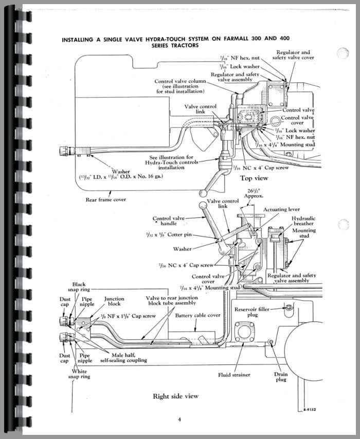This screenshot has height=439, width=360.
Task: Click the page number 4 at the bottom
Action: coord(179,419)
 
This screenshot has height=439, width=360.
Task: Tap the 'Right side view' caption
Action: coord(175,396)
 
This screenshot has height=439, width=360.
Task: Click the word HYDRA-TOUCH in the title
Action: coord(187,39)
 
